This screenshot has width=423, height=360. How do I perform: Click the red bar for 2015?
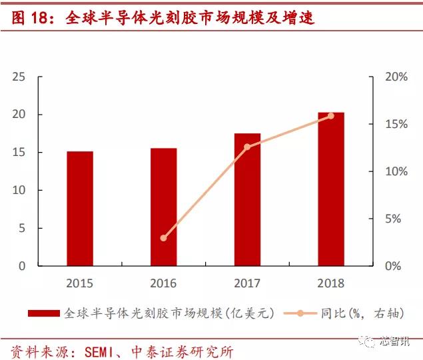point(80,209)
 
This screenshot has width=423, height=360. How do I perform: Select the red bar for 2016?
point(163,207)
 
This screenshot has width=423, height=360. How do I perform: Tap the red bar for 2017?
point(247,199)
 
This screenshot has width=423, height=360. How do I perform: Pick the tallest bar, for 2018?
point(331,189)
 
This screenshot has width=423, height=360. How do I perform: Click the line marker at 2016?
point(163,238)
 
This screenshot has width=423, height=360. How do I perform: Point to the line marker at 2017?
point(247,147)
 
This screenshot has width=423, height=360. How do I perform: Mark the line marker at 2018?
point(331,116)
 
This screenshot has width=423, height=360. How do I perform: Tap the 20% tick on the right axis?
point(396,77)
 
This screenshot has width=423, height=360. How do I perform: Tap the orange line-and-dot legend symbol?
point(299,313)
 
